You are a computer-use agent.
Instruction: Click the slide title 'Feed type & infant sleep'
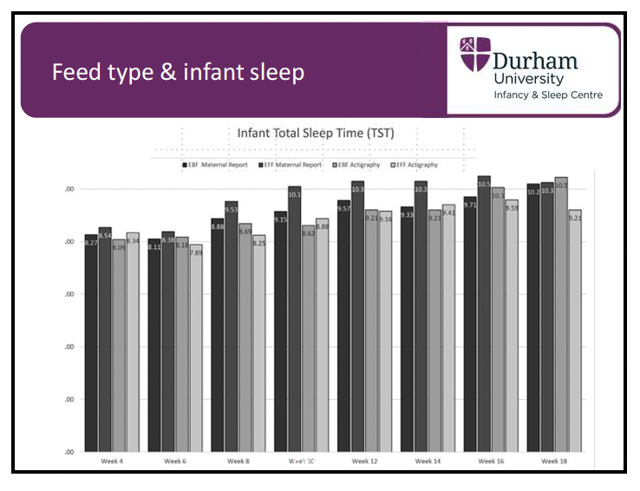(x=178, y=72)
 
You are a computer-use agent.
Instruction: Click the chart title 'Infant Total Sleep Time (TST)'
(x=315, y=133)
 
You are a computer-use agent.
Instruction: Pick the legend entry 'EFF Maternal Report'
(x=292, y=163)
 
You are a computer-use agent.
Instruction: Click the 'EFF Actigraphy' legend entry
(x=415, y=163)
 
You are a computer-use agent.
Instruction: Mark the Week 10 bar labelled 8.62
(x=308, y=338)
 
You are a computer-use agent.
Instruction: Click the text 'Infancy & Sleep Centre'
(x=547, y=95)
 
